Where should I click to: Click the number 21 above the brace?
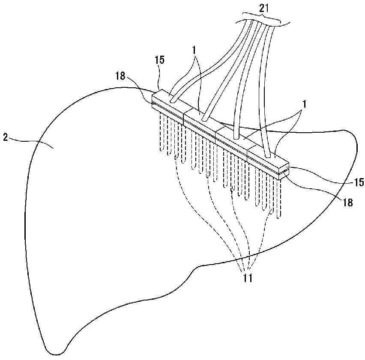click(264, 9)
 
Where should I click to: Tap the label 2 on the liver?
click(5, 137)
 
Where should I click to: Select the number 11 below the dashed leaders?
click(248, 278)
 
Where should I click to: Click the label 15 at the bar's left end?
click(159, 60)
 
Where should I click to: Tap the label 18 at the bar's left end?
click(121, 76)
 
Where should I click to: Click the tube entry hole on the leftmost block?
click(173, 101)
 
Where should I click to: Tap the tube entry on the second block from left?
click(204, 119)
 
